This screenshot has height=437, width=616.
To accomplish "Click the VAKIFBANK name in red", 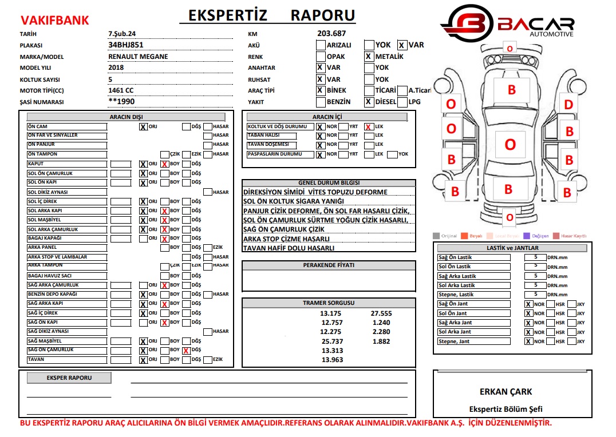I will coord(55,21).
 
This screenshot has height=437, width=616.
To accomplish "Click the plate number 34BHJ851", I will coord(125,45).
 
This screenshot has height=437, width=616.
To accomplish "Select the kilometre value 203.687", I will coord(331,34).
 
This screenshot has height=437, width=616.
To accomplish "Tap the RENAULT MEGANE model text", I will coord(138,57).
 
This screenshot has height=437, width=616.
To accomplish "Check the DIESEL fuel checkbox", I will coord(369,102).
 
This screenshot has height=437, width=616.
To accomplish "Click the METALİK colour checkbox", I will coord(369,57).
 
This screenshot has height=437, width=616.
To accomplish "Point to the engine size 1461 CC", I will coord(121,90).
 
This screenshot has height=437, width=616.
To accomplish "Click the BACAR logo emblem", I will coord(467,23).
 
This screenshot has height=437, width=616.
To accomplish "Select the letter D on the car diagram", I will coord(568,105).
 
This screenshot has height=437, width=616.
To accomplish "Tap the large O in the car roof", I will coord(510,145).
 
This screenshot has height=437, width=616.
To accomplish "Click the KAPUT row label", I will coord(67,164).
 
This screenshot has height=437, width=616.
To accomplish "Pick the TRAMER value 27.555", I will coord(381,313).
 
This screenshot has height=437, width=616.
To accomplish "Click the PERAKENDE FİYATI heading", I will coord(329,265).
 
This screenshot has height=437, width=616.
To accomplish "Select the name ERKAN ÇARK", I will coord(506,392).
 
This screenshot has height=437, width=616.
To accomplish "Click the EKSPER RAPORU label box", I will coord(69,378).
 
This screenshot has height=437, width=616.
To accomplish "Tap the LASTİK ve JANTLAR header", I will coord(512,248).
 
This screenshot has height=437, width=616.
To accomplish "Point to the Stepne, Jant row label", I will coord(473,341).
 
